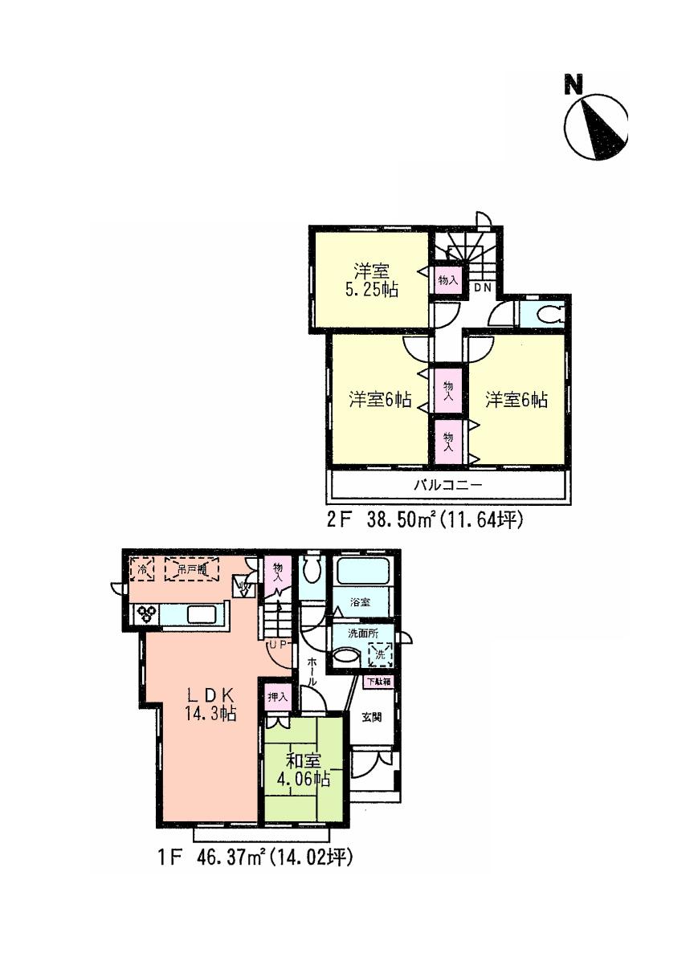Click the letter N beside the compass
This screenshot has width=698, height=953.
(x=573, y=85)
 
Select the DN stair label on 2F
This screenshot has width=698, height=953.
(x=481, y=287)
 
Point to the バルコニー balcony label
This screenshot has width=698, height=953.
(x=447, y=485)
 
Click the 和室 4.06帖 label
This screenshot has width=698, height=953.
(x=303, y=769)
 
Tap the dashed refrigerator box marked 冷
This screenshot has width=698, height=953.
(x=142, y=569)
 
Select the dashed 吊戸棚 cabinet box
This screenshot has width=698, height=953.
(x=192, y=569)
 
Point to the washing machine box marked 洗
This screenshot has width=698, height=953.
(x=381, y=655)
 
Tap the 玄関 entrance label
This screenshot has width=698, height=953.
(x=371, y=717)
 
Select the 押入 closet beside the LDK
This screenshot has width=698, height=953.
(x=278, y=697)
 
